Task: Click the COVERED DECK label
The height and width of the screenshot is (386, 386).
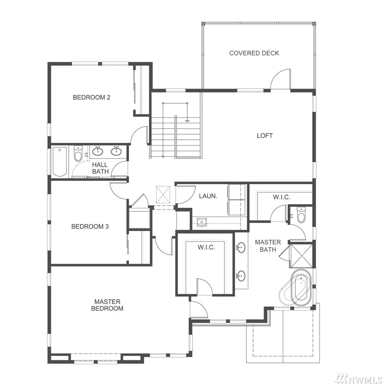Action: pos(254,53)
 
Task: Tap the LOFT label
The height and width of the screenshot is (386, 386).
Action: pos(264,135)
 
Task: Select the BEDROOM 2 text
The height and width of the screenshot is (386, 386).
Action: pos(91,97)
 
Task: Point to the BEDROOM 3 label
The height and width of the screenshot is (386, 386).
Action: pos(90,227)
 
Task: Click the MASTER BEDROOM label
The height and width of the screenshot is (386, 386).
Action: pos(107,305)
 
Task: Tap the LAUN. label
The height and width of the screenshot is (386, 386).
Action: pos(208,196)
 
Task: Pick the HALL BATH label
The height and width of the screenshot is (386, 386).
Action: pos(100,168)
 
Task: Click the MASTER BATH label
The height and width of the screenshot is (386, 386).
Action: pos(268,246)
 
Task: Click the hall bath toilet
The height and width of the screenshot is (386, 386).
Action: pos(78,153)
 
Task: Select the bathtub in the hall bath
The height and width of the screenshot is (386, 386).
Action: pos(60,162)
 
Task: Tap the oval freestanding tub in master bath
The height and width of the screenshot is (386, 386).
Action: pos(301,288)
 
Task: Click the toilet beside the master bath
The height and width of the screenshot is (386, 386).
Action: pos(301,215)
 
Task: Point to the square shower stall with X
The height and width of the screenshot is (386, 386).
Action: pos(301,256)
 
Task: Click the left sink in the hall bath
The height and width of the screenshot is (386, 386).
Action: pos(98,152)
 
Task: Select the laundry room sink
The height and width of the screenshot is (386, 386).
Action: pos(202,222)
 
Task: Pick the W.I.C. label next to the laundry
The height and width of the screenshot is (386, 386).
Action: pos(207,247)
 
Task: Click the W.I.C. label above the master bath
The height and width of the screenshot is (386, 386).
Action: pos(281,197)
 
